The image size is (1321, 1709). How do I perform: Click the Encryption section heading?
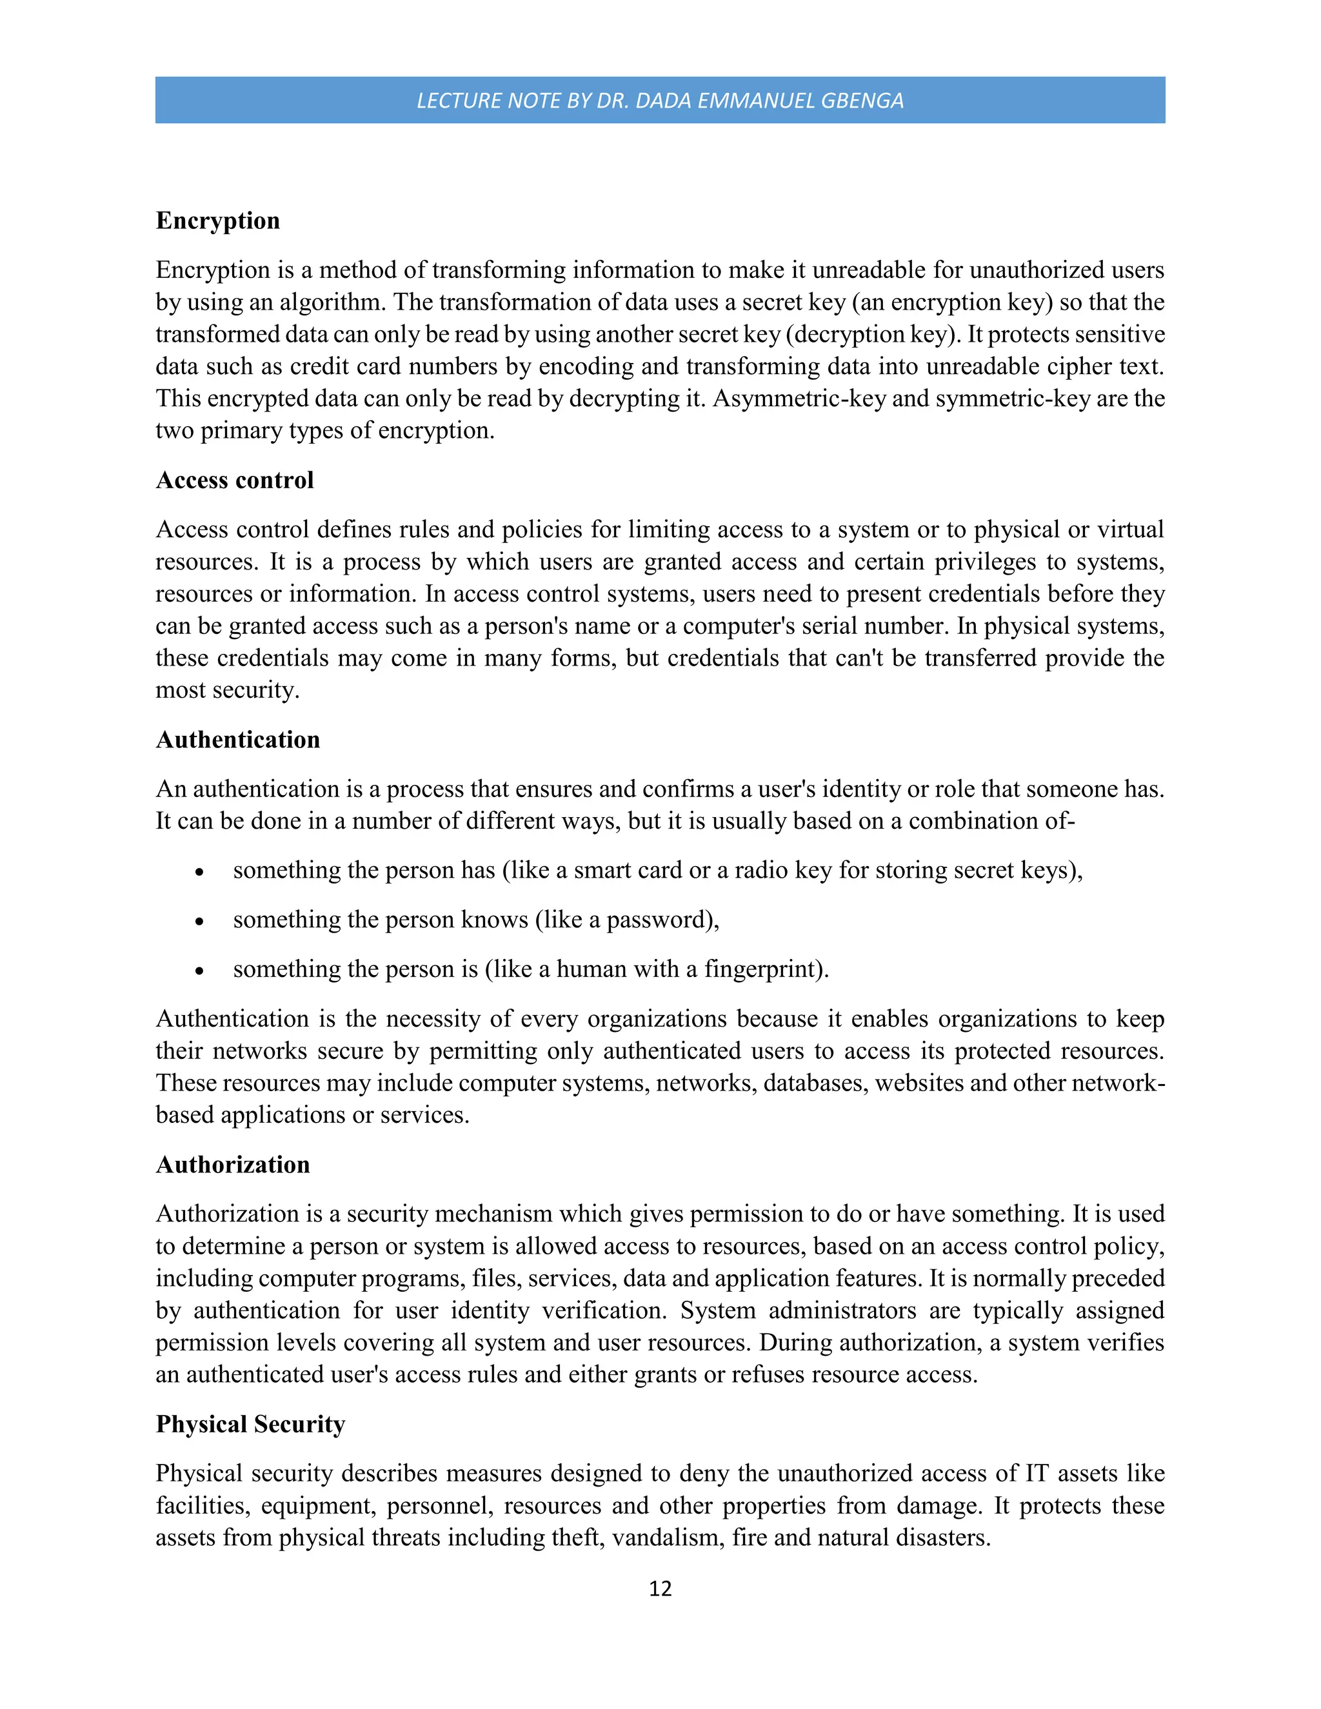click(x=217, y=221)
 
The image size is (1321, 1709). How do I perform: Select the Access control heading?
click(x=234, y=480)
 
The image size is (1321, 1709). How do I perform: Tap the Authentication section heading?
click(x=238, y=740)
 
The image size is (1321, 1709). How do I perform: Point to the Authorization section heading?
click(x=232, y=1164)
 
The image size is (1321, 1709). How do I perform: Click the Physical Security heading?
click(x=250, y=1424)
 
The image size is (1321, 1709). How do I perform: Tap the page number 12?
click(x=660, y=1588)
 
